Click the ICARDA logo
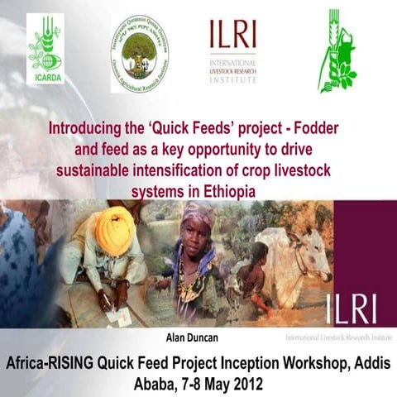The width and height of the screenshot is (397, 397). point(45,50)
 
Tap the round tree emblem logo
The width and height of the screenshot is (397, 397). point(141,53)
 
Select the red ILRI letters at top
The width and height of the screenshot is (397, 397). point(232,34)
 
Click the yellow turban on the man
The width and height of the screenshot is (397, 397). point(115,230)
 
